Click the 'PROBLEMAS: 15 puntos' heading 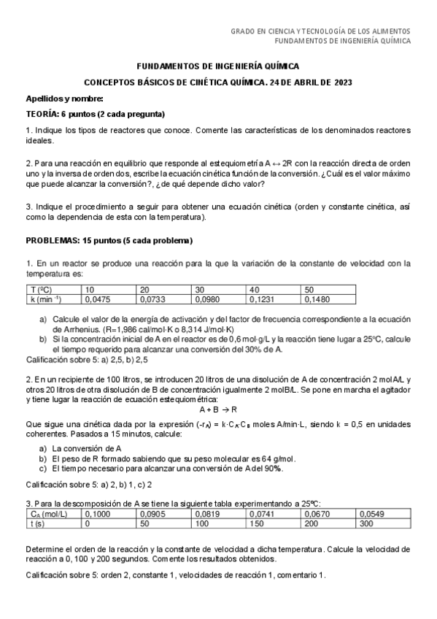(109, 240)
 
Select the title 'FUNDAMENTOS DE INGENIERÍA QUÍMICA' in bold (218, 66)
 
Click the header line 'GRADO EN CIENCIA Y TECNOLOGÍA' (320, 31)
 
